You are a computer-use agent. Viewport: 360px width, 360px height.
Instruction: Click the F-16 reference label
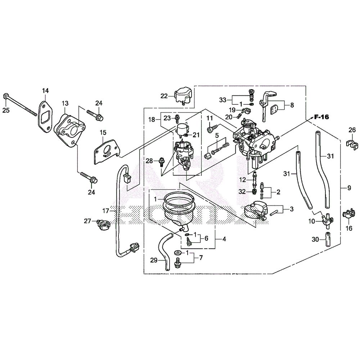point(321,117)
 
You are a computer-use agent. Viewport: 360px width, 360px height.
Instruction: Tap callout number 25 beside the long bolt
point(6,110)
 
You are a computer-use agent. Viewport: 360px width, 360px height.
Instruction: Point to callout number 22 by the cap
point(164,96)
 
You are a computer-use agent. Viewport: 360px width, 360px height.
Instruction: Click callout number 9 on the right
point(349,188)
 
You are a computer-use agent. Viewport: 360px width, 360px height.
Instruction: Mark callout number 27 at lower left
point(87,221)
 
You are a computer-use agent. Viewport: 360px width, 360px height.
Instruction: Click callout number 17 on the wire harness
point(105,211)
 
